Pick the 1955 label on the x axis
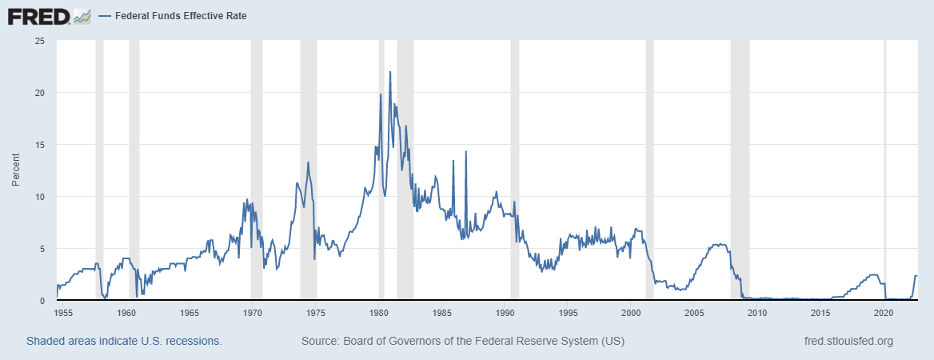point(64,313)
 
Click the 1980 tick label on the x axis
point(379,313)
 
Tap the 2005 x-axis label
point(694,313)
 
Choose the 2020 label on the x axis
point(884,313)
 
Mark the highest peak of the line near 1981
point(390,72)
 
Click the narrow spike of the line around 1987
point(465,151)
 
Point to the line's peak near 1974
point(308,162)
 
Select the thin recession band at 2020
point(884,160)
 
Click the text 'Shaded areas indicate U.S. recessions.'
point(124,342)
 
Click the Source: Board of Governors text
point(463,342)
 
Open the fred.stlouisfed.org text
point(848,342)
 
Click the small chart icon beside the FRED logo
point(82,16)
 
